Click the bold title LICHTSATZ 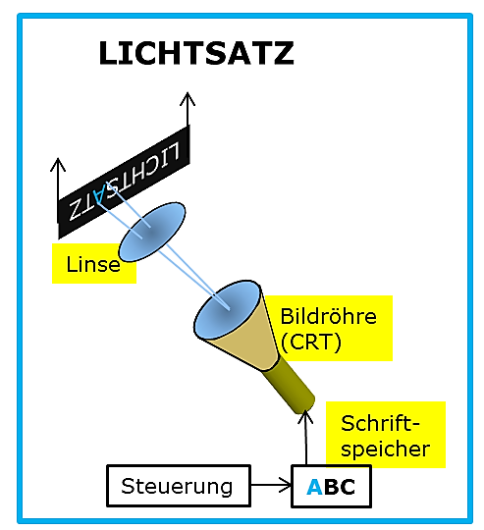[x=196, y=53]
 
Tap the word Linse [x=93, y=264]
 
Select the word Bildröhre [x=328, y=316]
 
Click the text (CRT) [x=310, y=343]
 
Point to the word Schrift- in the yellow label [x=380, y=423]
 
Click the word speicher [x=385, y=450]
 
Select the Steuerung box [x=179, y=486]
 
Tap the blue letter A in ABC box [x=314, y=487]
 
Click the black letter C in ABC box [x=348, y=487]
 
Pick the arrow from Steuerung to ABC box [x=271, y=486]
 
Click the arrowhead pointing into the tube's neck [x=305, y=416]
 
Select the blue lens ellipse [x=152, y=232]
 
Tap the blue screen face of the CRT [x=227, y=309]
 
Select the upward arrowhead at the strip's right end [x=188, y=99]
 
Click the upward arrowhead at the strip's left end [x=58, y=164]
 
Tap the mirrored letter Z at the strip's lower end [x=74, y=210]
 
